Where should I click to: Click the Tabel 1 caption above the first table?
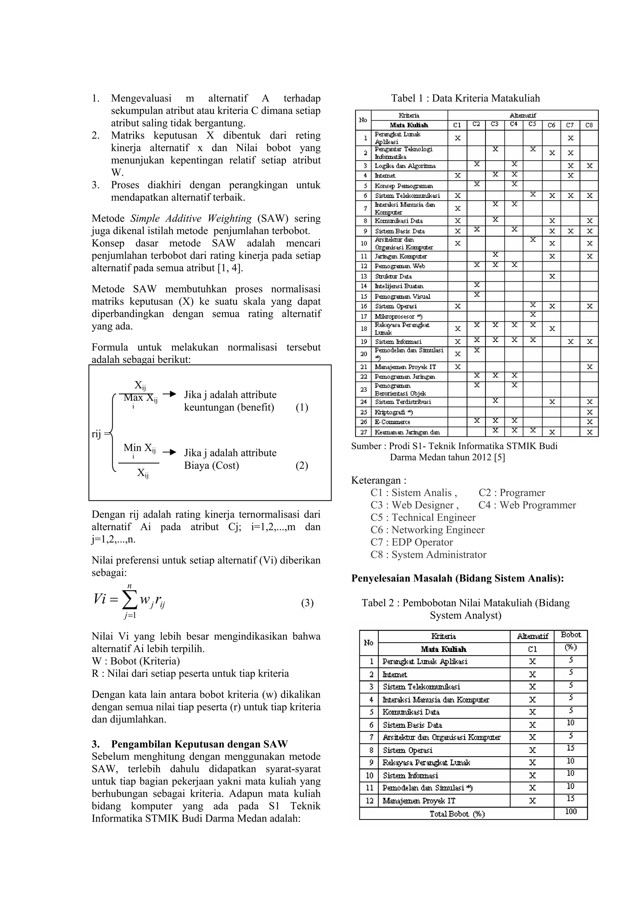(x=465, y=98)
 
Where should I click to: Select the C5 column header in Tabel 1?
(x=532, y=125)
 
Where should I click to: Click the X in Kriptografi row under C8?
(x=589, y=412)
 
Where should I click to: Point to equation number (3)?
(x=307, y=603)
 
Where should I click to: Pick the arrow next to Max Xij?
(x=169, y=394)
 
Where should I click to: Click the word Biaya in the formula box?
(x=197, y=465)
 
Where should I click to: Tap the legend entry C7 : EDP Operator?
(x=412, y=542)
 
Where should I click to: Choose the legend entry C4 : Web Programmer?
(x=527, y=505)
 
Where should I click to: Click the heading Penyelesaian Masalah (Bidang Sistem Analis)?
(x=457, y=578)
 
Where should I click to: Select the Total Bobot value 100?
(x=571, y=812)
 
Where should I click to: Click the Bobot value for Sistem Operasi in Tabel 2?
(x=571, y=748)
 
